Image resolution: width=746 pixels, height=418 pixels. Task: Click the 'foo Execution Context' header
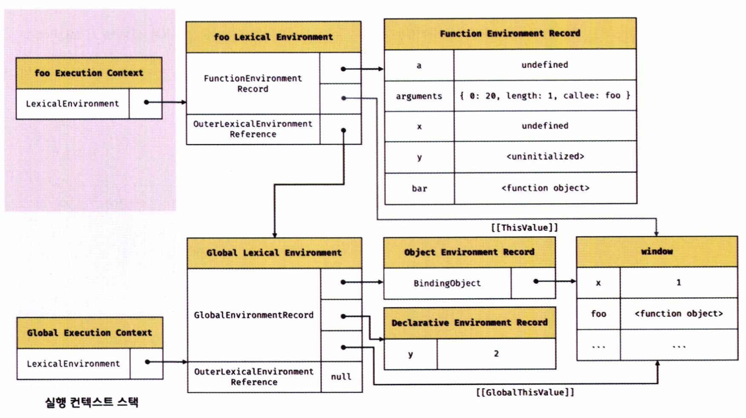tap(89, 73)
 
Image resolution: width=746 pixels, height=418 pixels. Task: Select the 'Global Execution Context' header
tap(89, 332)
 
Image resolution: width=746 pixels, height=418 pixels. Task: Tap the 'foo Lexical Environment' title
tap(273, 37)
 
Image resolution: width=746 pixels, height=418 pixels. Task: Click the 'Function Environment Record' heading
tap(510, 34)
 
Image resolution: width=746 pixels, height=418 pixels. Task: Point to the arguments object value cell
tap(545, 96)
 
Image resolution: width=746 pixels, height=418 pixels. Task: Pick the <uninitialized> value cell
tap(545, 157)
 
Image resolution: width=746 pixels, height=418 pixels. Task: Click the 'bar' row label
tap(419, 188)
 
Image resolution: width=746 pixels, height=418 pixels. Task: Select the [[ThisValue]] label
tap(524, 228)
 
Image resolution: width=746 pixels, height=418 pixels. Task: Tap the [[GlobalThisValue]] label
tap(525, 392)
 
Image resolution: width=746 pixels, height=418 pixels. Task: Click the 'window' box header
tap(657, 252)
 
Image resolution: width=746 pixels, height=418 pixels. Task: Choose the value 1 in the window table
tap(678, 282)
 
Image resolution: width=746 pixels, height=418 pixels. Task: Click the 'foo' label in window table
tap(598, 314)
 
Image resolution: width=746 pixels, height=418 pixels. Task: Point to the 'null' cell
tap(341, 377)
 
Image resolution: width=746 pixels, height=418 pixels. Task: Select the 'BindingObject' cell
tap(447, 283)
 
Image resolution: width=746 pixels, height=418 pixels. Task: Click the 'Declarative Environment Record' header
tap(469, 323)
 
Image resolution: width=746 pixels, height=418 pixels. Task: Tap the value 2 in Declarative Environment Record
tap(496, 353)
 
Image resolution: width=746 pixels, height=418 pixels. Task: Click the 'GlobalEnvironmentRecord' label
tap(253, 315)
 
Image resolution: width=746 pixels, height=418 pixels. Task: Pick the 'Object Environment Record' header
tap(469, 252)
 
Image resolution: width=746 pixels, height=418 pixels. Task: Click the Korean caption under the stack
tap(92, 402)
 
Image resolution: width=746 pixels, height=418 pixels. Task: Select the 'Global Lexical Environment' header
tap(274, 253)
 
